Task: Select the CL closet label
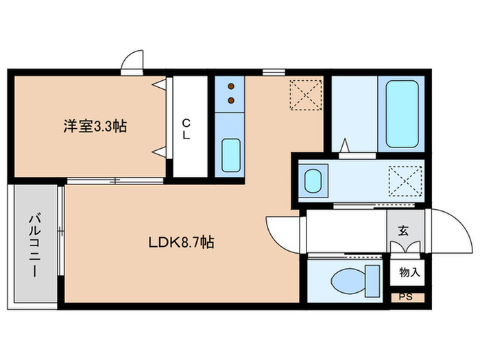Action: coord(186,128)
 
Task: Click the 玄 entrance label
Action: coord(403,230)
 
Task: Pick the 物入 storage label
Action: coord(409,272)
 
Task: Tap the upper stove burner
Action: coord(231,87)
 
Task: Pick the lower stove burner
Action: coord(231,100)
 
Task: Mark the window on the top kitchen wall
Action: coord(274,71)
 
